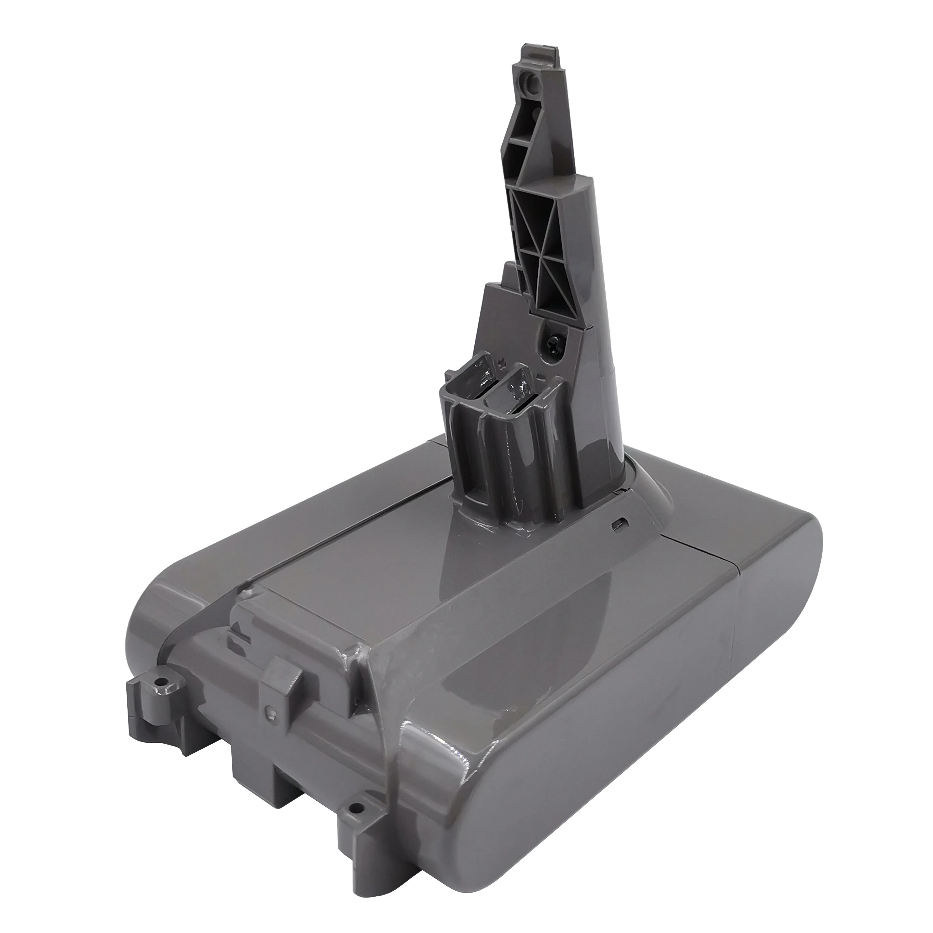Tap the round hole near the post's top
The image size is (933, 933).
tap(530, 78)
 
